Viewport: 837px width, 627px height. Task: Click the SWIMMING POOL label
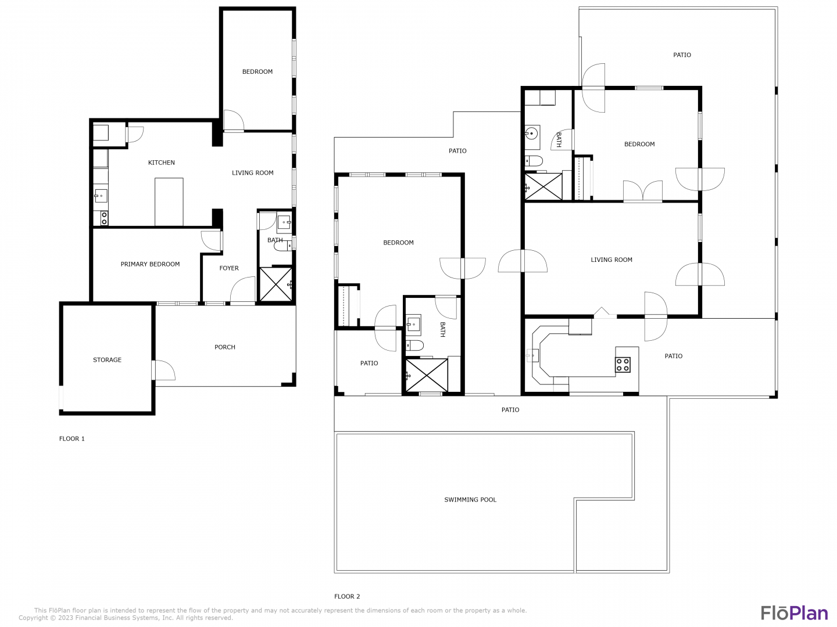[x=470, y=500]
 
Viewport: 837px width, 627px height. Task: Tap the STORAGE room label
[x=107, y=360]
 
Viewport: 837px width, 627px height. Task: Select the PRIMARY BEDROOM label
[x=150, y=264]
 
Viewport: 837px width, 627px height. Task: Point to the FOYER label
[x=229, y=268]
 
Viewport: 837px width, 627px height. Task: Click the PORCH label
[x=224, y=347]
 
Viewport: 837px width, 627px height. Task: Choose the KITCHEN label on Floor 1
[x=162, y=163]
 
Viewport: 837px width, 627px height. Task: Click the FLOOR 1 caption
[x=71, y=438]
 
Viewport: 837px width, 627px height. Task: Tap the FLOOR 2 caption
[x=347, y=597]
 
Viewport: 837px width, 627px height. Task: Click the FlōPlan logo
[x=795, y=613]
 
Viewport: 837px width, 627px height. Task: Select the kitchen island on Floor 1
[x=169, y=202]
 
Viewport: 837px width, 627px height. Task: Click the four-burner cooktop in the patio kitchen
[x=623, y=365]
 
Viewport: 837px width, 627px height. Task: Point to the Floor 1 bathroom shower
[x=276, y=284]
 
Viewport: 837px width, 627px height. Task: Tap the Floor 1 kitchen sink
[x=101, y=196]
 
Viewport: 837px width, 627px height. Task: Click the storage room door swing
[x=164, y=370]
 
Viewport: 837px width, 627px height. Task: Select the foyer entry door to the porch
[x=242, y=290]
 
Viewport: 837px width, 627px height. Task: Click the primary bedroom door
[x=211, y=241]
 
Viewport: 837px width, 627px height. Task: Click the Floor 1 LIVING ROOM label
[x=252, y=173]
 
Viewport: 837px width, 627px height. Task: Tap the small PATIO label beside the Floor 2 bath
[x=369, y=363]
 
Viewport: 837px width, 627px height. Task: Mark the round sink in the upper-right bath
[x=531, y=134]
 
